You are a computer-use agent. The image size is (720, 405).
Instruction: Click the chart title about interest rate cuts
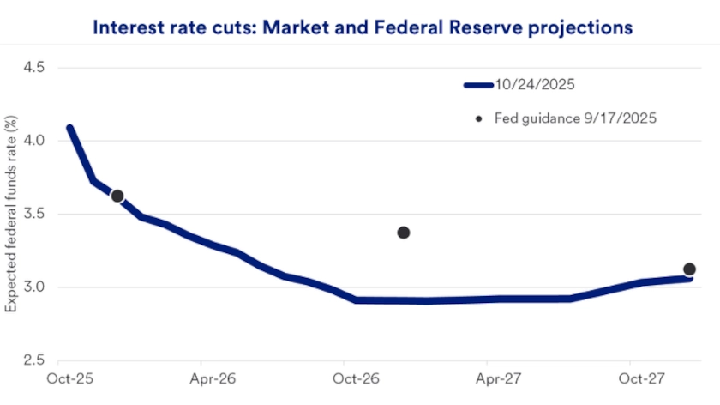[x=362, y=27]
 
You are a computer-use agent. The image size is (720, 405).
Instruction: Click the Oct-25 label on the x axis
[x=64, y=378]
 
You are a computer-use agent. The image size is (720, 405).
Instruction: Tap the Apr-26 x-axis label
[x=207, y=378]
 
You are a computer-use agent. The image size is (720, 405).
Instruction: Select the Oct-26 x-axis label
[x=349, y=378]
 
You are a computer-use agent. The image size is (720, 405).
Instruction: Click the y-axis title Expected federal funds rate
[x=12, y=214]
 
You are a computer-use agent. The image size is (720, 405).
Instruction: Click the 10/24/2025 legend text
[x=533, y=84]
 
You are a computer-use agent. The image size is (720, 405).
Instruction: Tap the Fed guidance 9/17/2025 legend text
[x=575, y=118]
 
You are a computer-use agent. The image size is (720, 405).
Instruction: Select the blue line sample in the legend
[x=478, y=85]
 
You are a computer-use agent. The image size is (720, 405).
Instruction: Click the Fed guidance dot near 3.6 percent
[x=117, y=196]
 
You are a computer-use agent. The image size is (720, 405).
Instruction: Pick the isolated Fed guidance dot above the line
[x=404, y=233]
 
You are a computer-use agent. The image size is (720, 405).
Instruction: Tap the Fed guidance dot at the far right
[x=689, y=269]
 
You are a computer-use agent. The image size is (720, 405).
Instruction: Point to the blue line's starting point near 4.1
[x=69, y=129]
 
